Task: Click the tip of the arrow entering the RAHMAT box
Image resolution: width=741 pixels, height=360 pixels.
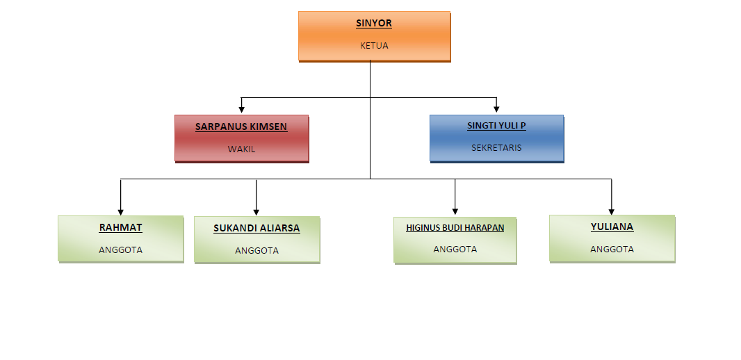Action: coord(120,215)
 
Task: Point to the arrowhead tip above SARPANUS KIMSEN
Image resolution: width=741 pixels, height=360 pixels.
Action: coord(241,113)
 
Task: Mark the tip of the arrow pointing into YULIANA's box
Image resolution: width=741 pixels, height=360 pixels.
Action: coord(612,215)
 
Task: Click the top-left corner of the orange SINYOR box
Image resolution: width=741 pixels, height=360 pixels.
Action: coord(299,12)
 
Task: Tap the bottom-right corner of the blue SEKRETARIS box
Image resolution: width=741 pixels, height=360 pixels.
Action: coord(564,162)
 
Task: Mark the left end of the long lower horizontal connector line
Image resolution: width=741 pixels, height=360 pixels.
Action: coord(120,179)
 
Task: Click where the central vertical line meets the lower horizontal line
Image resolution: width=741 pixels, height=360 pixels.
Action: coord(370,179)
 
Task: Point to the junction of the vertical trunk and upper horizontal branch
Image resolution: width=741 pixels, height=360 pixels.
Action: coord(370,98)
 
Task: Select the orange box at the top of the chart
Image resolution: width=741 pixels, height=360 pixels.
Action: coord(375,37)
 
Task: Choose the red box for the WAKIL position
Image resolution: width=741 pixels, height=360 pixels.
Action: coord(242,138)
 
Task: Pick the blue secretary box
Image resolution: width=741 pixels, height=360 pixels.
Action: coord(497,138)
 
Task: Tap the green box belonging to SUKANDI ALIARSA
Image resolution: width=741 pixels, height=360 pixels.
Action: coord(257,240)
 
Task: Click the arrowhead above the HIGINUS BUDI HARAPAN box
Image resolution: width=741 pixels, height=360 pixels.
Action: coord(455,212)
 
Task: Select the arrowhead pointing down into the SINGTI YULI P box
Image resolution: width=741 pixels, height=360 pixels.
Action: coord(496,109)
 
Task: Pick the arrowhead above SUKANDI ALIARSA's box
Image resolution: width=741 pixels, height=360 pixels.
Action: coord(256,212)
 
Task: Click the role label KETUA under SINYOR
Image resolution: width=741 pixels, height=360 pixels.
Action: coord(374,46)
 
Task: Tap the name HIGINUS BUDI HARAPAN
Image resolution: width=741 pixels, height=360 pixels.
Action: coord(455,228)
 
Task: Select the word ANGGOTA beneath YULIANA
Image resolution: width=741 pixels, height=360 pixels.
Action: coord(612,249)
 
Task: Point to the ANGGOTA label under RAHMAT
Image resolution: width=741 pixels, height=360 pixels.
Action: coord(120,250)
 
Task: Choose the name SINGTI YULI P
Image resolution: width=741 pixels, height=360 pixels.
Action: coord(497,126)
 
